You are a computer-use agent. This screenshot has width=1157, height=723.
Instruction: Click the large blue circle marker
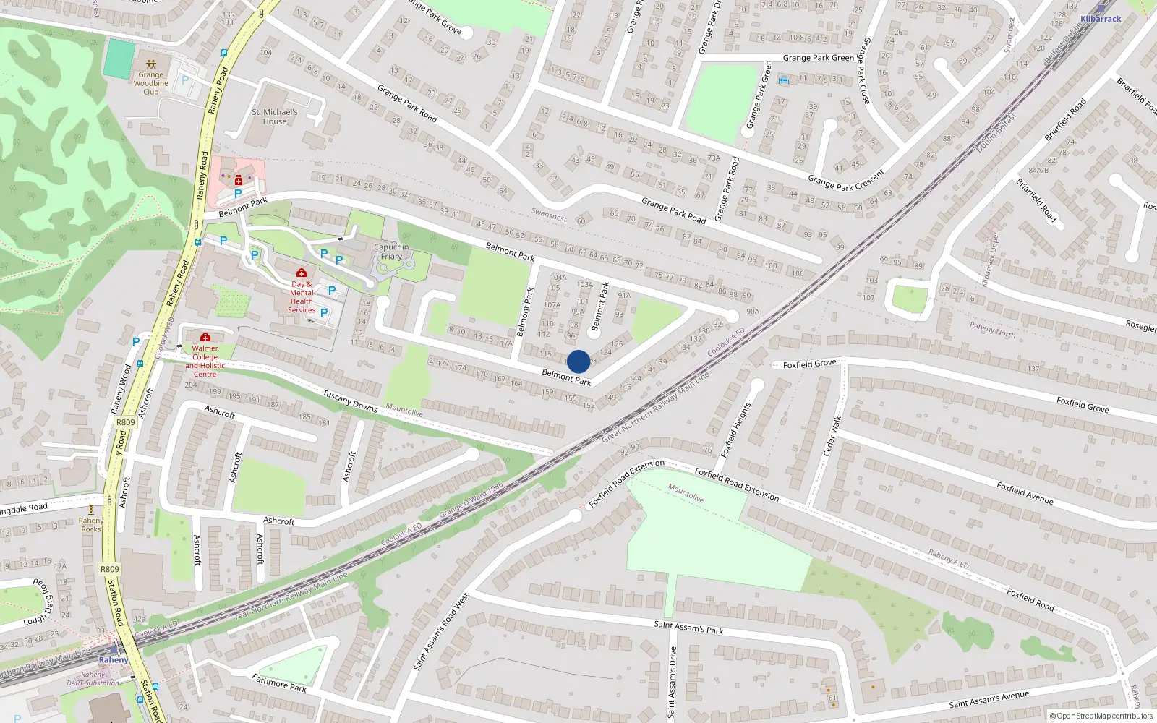tap(578, 361)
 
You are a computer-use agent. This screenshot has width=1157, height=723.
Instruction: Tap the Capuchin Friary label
tap(391, 252)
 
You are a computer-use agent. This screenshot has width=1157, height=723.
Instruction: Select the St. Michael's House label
tap(275, 116)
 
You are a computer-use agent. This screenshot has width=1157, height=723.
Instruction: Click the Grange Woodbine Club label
tap(150, 83)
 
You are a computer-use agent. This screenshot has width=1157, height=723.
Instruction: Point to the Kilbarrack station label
tap(1101, 19)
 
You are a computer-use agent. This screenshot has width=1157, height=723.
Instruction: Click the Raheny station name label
tap(113, 659)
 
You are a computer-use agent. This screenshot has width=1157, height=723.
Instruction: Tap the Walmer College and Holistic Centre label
tap(205, 361)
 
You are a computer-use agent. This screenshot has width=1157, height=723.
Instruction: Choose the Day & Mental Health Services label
tap(302, 297)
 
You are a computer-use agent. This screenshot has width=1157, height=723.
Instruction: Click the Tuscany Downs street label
tap(350, 401)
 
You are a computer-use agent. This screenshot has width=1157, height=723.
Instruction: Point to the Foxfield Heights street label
tap(736, 429)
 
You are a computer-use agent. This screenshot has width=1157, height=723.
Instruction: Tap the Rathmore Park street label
tap(279, 683)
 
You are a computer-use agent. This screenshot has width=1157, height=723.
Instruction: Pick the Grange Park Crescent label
tap(846, 181)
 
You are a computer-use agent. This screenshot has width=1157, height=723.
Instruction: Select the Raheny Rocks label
tap(91, 524)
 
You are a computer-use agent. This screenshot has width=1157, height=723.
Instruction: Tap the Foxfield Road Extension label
tap(737, 484)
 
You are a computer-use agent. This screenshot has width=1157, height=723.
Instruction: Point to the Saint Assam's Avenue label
tap(989, 699)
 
